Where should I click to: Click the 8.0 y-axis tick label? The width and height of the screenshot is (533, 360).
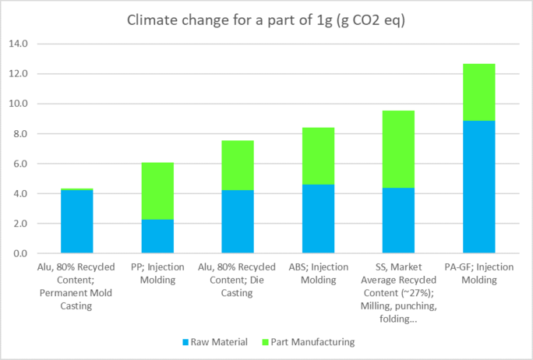point(18,134)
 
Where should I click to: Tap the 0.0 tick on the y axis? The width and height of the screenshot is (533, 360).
point(18,254)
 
